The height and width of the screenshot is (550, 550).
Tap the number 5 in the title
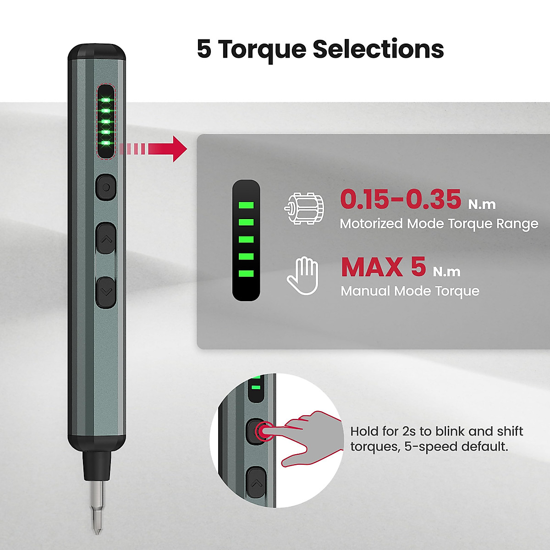coord(204,49)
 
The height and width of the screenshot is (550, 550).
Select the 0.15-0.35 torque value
coord(401,199)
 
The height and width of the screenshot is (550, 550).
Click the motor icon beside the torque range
coord(304,209)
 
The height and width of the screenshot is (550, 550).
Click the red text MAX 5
coord(383,267)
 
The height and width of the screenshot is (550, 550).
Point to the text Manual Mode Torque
coord(410,291)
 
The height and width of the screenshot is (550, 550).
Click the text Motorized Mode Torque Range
coord(439,224)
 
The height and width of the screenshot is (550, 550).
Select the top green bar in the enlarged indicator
coord(246,205)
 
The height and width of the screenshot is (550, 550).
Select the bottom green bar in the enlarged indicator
coord(246,274)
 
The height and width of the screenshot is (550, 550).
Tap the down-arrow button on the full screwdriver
coord(106,291)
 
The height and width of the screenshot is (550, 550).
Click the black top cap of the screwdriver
coord(97,51)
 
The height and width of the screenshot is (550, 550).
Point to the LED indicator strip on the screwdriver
coord(106,122)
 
